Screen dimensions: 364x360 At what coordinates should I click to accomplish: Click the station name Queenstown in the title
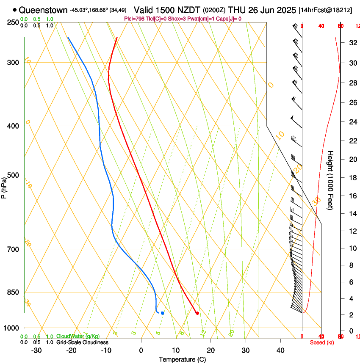(x=43, y=10)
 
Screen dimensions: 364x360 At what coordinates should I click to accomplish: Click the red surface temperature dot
(x=197, y=313)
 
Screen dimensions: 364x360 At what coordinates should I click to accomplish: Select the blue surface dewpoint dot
(x=162, y=313)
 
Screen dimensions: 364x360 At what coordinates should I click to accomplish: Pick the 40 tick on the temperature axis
(x=280, y=350)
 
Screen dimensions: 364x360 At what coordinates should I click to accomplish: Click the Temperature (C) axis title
(x=182, y=360)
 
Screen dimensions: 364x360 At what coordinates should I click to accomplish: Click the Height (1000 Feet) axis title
(x=330, y=180)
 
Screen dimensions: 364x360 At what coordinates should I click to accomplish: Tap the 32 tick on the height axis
(x=352, y=43)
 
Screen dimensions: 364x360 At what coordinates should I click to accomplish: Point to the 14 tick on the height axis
(x=352, y=214)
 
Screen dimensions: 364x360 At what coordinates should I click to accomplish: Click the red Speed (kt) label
(x=322, y=342)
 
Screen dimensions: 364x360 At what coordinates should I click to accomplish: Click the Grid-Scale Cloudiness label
(x=82, y=342)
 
